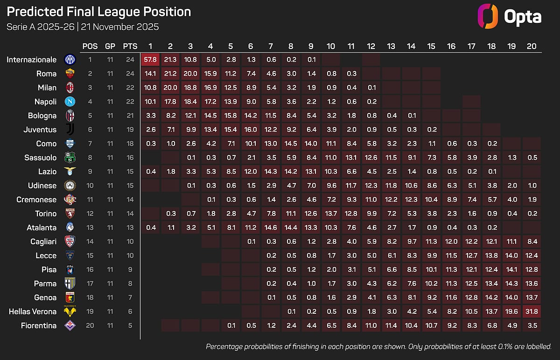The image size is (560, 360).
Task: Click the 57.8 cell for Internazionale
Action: [150, 59]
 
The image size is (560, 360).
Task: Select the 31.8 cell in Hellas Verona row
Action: [532, 311]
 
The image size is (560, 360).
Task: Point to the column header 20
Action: [532, 46]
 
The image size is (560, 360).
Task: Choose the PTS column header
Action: [130, 46]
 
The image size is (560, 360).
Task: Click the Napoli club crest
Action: [70, 101]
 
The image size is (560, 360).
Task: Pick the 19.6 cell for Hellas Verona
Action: [511, 311]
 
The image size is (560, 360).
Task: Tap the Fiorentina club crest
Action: [70, 325]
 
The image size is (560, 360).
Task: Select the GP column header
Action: [110, 46]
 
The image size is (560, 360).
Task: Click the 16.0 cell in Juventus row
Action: [251, 129]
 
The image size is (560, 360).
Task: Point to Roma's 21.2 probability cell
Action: [170, 73]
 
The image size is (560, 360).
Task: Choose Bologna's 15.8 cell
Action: [231, 115]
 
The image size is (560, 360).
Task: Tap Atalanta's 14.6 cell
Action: [271, 227]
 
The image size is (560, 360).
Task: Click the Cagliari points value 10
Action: [130, 241]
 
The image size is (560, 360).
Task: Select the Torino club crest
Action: [70, 213]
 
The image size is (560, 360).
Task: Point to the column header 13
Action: [391, 46]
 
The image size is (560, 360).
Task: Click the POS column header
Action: [90, 46]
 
